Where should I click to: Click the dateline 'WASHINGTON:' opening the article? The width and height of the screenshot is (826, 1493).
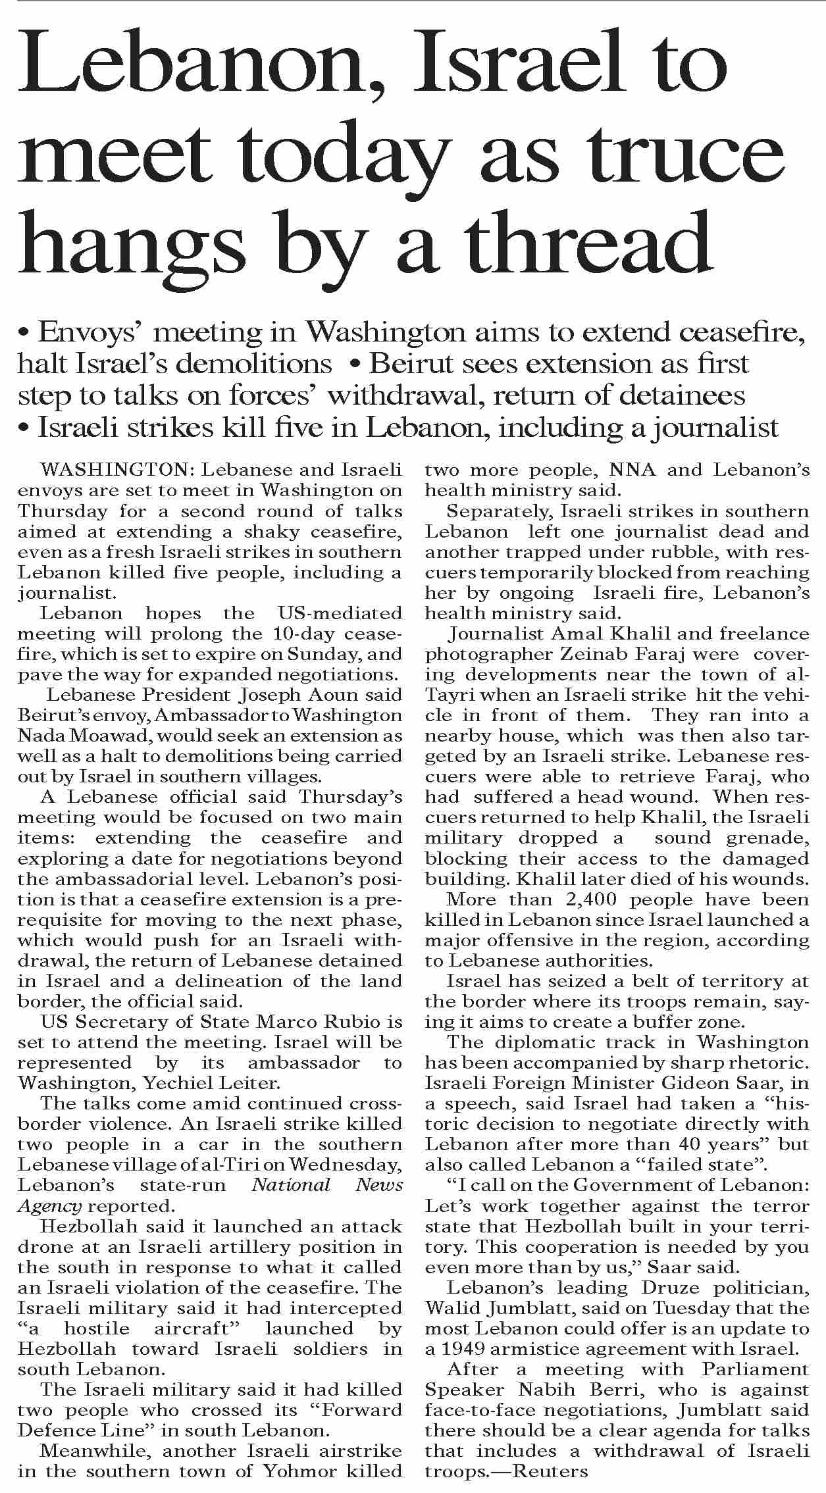coord(117,470)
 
